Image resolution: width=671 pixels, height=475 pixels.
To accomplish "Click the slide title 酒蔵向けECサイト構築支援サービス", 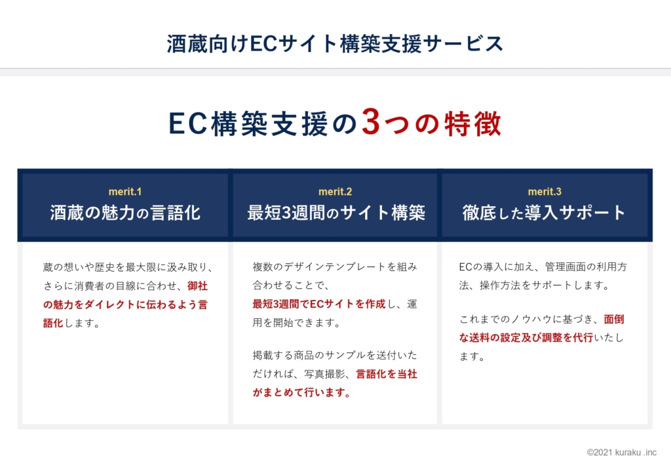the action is [335, 44].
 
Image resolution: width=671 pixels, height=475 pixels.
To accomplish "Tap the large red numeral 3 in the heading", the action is [371, 122].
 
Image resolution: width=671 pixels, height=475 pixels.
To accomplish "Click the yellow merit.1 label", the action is [125, 192].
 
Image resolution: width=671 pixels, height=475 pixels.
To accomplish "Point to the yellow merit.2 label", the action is [335, 192].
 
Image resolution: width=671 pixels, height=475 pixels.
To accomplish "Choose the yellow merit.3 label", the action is [545, 192].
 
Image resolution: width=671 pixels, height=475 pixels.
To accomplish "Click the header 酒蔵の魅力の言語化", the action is [125, 213].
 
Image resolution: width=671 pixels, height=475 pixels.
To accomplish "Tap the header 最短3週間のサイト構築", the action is [336, 213].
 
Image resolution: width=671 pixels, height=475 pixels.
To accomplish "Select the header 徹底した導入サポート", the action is [544, 213].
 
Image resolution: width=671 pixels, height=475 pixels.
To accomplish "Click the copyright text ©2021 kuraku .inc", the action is [621, 452].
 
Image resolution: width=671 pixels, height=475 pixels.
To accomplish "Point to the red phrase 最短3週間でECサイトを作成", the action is [319, 304].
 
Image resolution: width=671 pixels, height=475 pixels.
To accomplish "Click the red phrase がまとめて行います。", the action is [301, 392].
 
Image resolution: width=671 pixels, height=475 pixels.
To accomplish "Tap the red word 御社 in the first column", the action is [197, 285].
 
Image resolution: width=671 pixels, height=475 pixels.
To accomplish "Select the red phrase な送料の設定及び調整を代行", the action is [526, 337].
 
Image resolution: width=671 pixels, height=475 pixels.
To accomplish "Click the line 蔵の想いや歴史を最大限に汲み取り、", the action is [128, 267].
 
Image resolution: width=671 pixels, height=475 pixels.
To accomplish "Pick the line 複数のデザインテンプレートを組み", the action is [335, 267].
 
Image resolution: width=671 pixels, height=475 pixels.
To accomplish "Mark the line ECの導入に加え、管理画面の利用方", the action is [543, 267].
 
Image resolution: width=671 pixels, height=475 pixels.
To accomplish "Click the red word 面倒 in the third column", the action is [613, 319].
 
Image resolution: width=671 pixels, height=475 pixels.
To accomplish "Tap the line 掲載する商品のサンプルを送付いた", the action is [335, 355].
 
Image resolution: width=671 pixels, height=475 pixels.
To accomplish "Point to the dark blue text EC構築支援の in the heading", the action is [263, 124].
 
